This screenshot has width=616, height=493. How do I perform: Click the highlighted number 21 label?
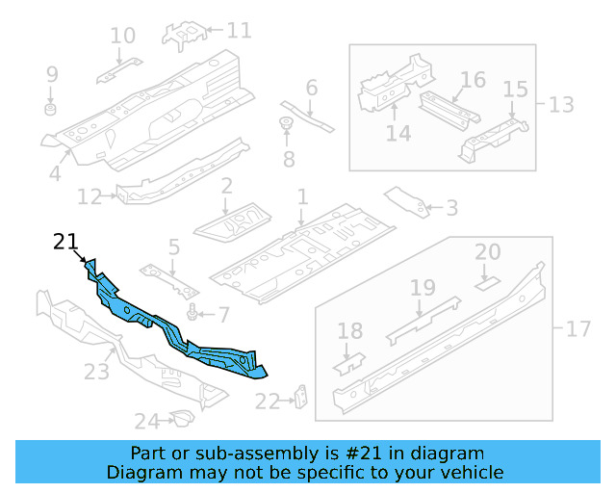point(65,242)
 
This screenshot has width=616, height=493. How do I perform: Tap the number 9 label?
point(52,74)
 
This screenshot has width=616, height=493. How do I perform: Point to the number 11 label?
point(238,31)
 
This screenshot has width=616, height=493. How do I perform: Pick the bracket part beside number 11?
point(185,34)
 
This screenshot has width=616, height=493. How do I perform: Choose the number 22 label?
point(267,401)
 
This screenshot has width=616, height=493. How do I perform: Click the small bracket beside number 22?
point(300,397)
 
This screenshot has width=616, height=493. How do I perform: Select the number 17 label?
point(577,330)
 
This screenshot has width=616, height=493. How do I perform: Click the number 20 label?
point(488,252)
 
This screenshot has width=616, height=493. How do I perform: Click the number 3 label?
point(451,207)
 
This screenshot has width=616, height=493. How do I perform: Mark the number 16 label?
point(472,80)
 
